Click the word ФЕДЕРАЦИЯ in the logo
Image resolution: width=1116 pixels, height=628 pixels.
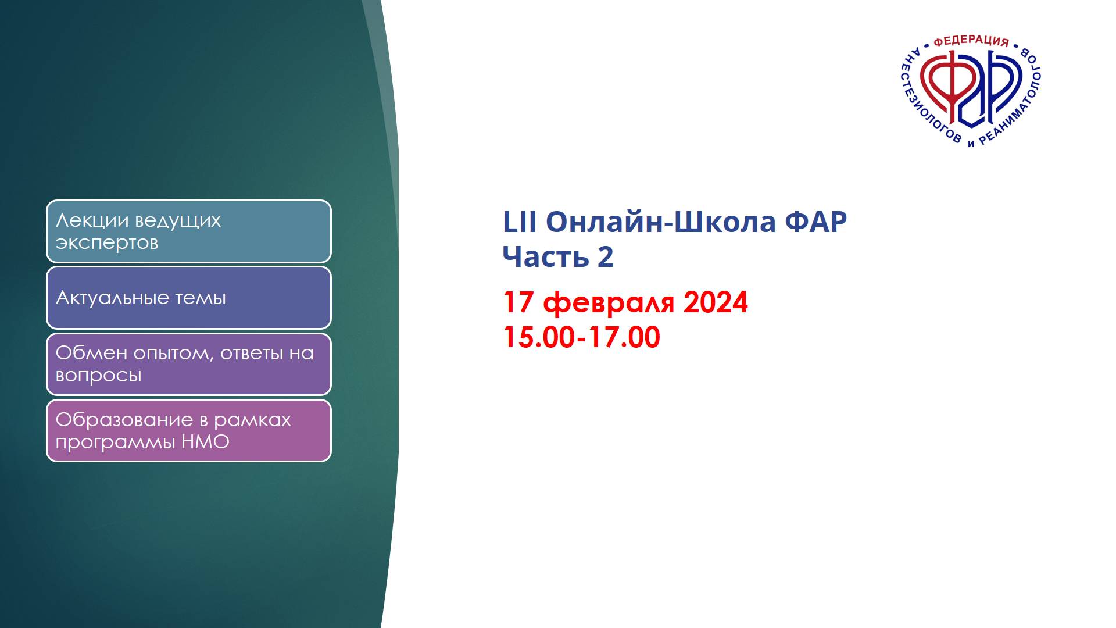971,41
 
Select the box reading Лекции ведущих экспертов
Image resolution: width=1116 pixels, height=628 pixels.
189,231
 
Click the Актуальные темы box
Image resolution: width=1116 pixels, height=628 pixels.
189,298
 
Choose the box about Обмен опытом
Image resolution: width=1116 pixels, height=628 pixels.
189,364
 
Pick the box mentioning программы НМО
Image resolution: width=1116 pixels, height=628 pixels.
189,431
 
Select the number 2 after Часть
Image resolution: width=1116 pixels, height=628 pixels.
606,256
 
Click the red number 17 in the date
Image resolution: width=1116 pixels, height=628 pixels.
518,302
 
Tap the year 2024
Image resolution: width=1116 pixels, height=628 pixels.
716,302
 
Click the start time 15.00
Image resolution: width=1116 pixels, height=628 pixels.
538,337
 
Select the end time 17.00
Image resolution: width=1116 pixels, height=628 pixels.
624,337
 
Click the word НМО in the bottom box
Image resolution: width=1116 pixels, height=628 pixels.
205,442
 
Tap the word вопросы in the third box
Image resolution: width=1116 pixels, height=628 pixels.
98,376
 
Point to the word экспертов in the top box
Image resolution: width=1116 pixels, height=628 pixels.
107,243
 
